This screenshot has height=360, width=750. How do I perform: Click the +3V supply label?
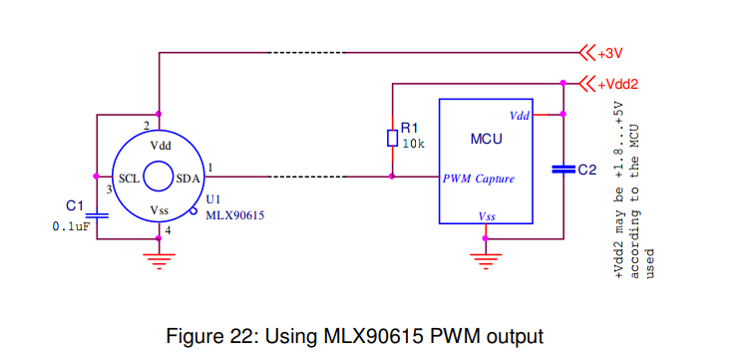click(609, 52)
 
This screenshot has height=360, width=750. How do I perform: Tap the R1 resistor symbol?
click(392, 138)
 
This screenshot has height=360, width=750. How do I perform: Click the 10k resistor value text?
click(414, 144)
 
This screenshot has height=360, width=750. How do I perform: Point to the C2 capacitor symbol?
click(563, 171)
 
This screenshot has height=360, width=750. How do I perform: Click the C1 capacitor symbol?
click(96, 213)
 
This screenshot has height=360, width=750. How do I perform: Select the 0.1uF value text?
click(71, 226)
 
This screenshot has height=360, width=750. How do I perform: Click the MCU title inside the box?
click(486, 139)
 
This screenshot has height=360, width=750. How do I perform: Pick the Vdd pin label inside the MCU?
click(519, 116)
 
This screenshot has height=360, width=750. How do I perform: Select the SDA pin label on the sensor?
click(187, 180)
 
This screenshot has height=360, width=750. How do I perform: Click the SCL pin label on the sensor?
click(129, 180)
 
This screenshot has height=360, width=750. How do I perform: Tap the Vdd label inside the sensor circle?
click(160, 146)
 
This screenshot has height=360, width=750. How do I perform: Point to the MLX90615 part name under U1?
click(234, 214)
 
